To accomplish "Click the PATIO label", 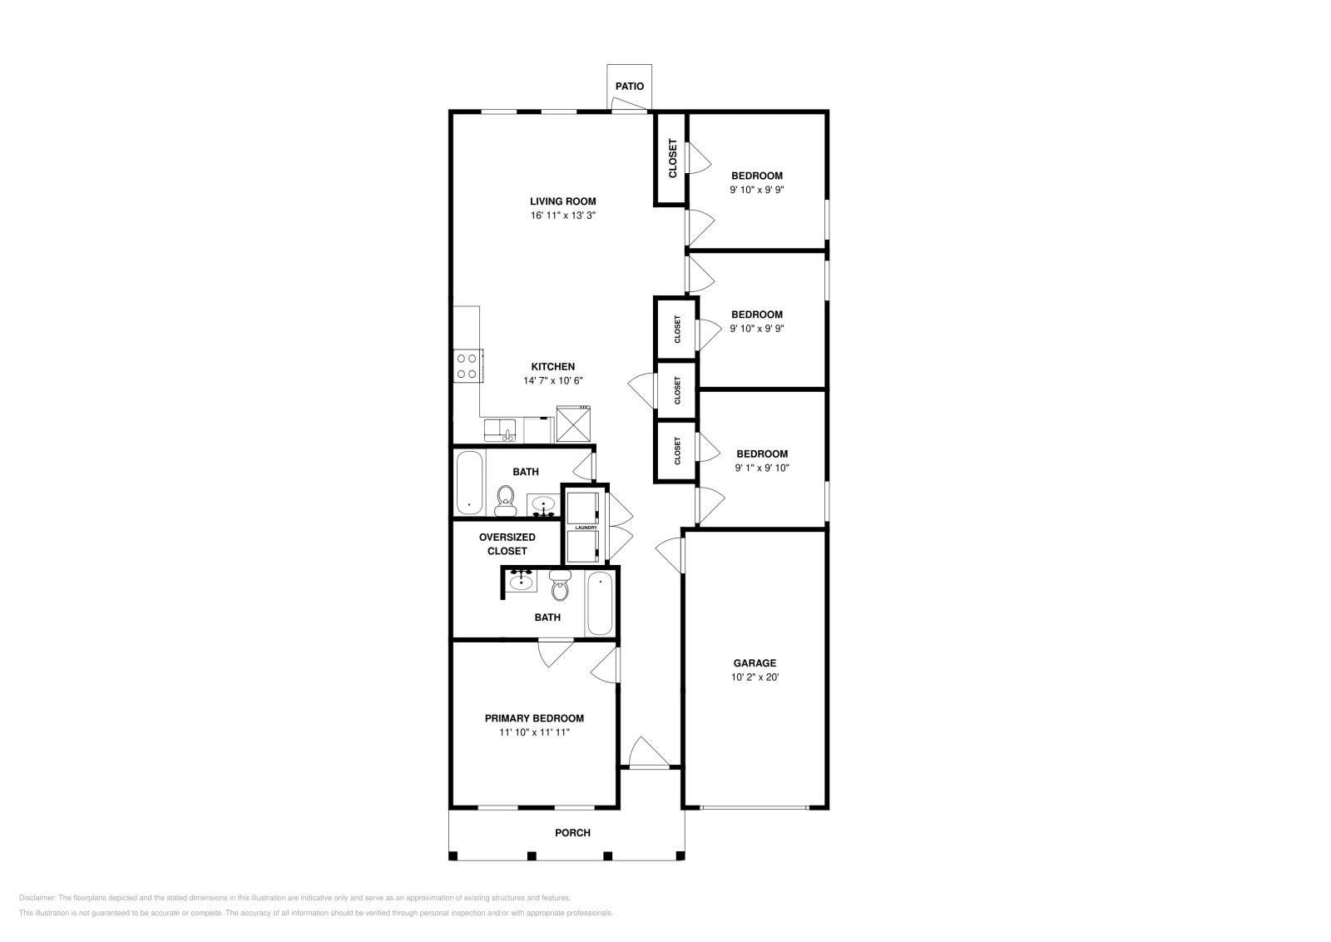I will coord(629,87).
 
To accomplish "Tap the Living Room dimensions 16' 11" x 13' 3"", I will coord(563,216).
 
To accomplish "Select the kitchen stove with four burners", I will coord(468,366).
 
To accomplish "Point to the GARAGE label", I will coord(755,663).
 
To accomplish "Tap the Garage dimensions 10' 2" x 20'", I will coord(755,677).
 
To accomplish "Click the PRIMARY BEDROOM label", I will coord(534,718).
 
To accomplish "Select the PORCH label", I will coord(572,833).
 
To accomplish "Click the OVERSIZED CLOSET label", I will coord(507,544).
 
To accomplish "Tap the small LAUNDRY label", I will coord(586,528).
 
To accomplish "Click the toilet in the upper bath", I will coord(505,499).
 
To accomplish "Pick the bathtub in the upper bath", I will coord(470,483).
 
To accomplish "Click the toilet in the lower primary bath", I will coord(560,588).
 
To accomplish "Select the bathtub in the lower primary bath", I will coord(600,603).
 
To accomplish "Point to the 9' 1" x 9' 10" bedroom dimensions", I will coord(761,469).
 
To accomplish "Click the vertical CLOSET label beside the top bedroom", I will coord(672,157).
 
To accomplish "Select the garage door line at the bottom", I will coord(754,807).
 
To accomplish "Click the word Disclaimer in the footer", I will coord(36,898).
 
